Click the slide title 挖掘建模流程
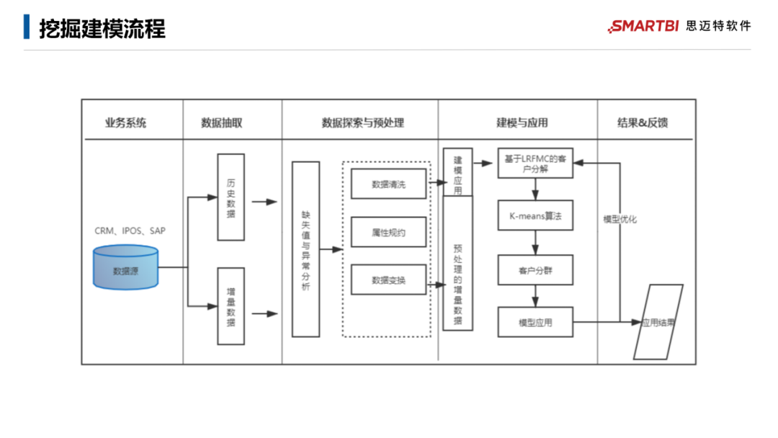102,29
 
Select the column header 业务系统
125,122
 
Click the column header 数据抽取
222,122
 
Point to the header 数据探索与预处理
362,122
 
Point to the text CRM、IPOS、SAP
130,231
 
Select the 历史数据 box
231,197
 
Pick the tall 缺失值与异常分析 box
305,249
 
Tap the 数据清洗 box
388,184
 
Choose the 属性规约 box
388,232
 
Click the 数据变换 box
388,280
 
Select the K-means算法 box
535,215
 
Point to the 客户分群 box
535,270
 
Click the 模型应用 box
535,322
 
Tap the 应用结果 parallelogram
658,322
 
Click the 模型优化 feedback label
620,219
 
